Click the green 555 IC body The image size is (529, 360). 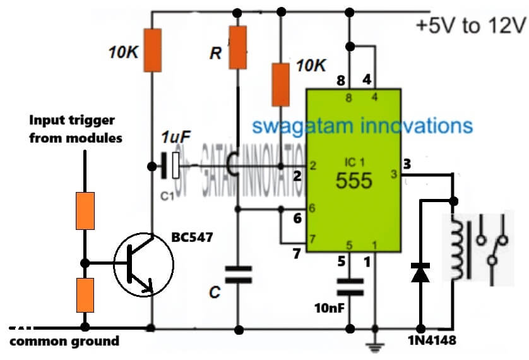click(x=353, y=171)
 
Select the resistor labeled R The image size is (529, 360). click(x=237, y=47)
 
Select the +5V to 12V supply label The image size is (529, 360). click(x=470, y=26)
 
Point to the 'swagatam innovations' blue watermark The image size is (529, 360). click(x=362, y=124)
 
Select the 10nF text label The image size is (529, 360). click(x=330, y=308)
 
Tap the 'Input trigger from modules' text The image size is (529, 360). click(x=75, y=129)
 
